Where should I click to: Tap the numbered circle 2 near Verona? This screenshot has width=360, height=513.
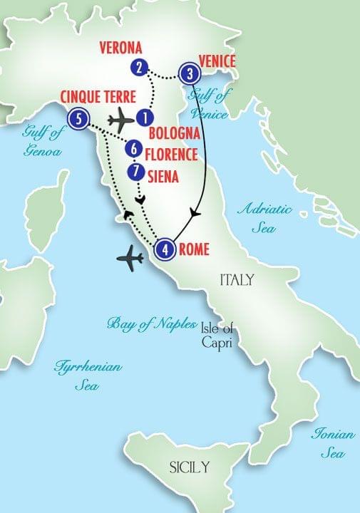pyautogui.click(x=140, y=68)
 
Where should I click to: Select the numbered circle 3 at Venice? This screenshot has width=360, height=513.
pyautogui.click(x=189, y=73)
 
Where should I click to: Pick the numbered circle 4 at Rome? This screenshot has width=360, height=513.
pyautogui.click(x=165, y=250)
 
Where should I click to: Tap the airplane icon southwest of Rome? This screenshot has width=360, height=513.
pyautogui.click(x=130, y=259)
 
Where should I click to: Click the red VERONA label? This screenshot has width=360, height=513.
pyautogui.click(x=121, y=48)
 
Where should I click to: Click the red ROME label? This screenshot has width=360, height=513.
pyautogui.click(x=195, y=249)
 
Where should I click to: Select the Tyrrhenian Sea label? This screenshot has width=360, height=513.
pyautogui.click(x=88, y=375)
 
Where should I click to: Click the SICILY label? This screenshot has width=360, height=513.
pyautogui.click(x=189, y=467)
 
